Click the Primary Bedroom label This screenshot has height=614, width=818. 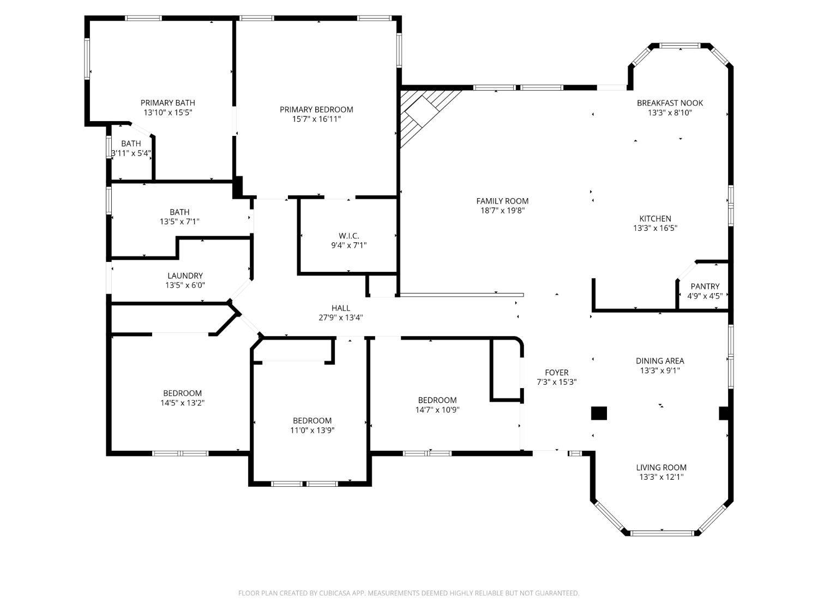click(x=316, y=110)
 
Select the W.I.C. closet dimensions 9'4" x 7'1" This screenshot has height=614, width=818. click(x=348, y=246)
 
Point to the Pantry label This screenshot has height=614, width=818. click(x=705, y=287)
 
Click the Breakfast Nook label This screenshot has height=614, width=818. click(x=670, y=103)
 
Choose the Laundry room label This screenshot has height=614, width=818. click(x=185, y=276)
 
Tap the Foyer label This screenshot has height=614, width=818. click(x=556, y=373)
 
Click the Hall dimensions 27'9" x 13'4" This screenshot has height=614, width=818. click(x=341, y=318)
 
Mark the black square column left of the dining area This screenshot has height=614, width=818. click(x=599, y=413)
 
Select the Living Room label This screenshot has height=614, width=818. click(x=661, y=468)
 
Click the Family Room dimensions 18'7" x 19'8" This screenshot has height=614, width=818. click(x=502, y=211)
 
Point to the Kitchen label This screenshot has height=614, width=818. click(x=655, y=219)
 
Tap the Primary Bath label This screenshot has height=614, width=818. click(x=167, y=103)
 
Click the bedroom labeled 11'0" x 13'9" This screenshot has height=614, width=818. click(x=312, y=425)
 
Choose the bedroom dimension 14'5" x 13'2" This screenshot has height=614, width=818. click(x=182, y=403)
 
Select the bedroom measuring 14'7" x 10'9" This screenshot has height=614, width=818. click(x=437, y=405)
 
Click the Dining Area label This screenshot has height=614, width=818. click(x=660, y=361)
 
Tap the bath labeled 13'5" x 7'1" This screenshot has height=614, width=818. click(x=179, y=217)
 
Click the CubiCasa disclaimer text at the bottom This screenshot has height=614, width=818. click(x=408, y=593)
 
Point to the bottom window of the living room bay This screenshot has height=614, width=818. click(x=662, y=533)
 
